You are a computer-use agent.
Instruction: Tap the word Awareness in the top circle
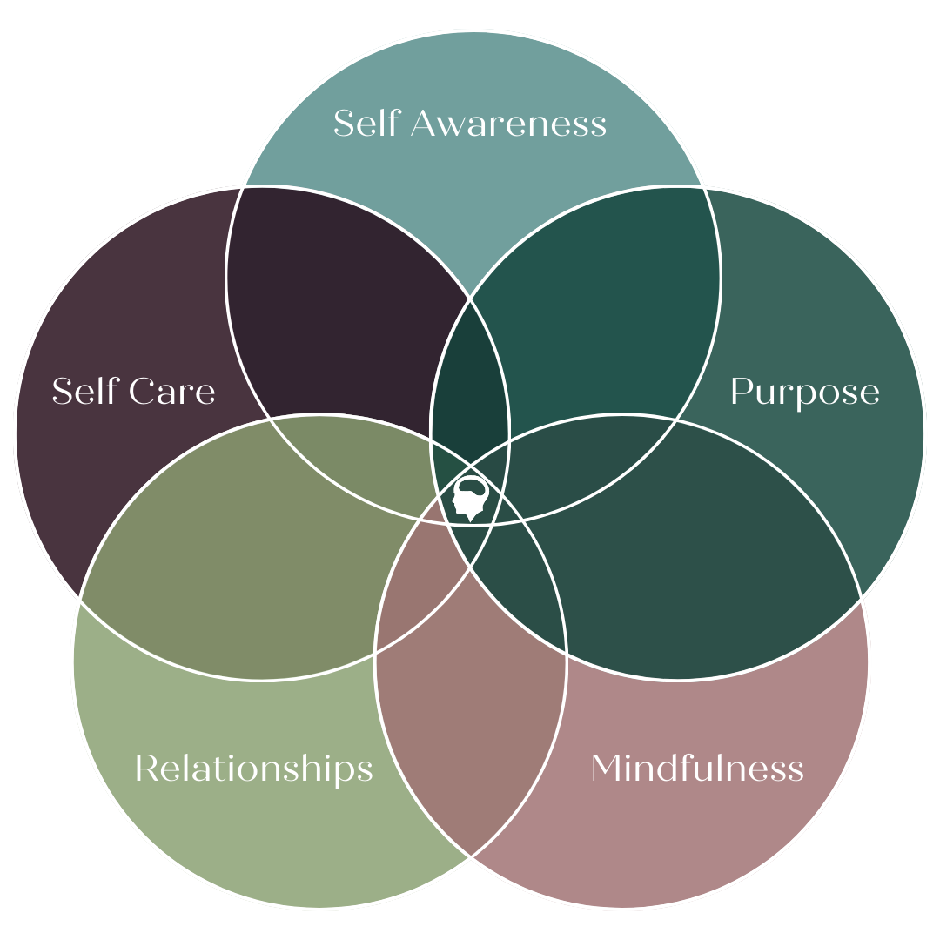pos(508,124)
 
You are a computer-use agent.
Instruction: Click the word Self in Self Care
pos(84,392)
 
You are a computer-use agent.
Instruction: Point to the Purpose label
pos(804,393)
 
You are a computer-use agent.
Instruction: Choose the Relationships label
pos(253,769)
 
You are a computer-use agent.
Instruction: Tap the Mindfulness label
pos(696,769)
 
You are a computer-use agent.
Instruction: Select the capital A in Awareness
pos(426,124)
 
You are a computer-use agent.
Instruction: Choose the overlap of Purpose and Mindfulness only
pos(688,557)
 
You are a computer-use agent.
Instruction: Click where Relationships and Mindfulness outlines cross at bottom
pos(471,856)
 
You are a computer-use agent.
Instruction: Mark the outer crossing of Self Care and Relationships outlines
pos(81,599)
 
